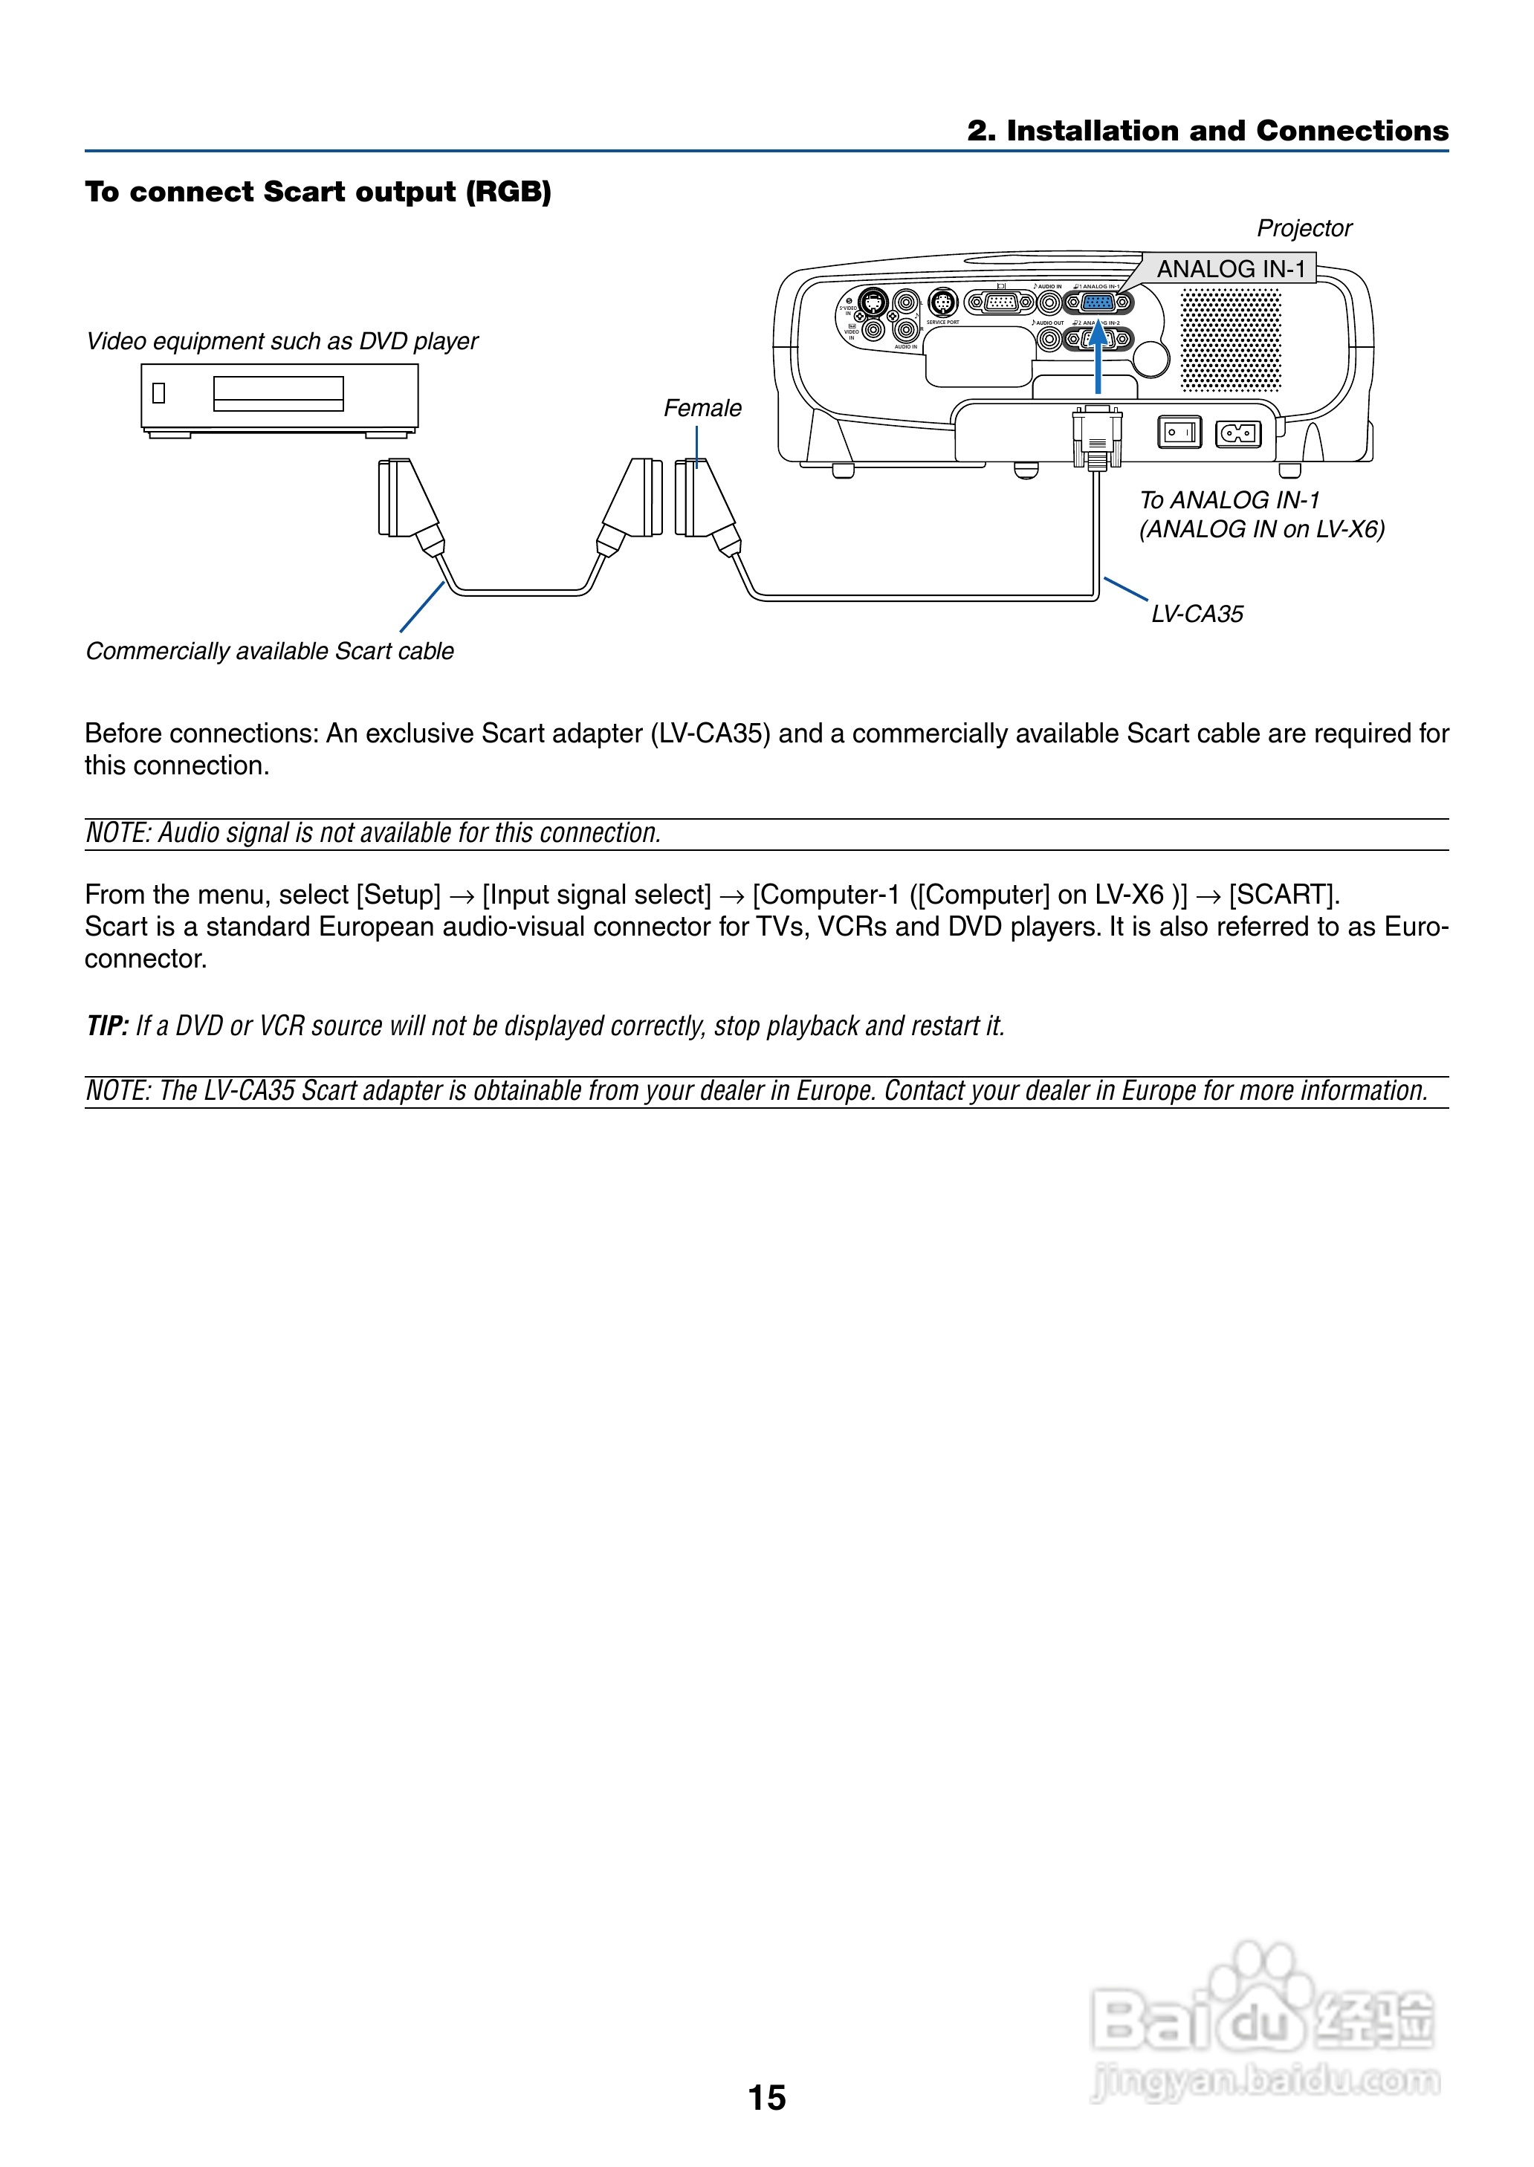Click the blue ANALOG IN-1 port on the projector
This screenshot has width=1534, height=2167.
click(1098, 303)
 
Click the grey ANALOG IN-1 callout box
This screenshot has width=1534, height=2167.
click(1230, 269)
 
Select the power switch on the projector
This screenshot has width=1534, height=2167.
click(1179, 433)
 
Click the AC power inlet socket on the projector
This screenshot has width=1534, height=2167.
click(1237, 433)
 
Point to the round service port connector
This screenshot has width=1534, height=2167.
click(942, 303)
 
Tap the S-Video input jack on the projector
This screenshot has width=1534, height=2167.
click(873, 302)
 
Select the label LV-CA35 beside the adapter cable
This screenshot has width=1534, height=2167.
click(1197, 614)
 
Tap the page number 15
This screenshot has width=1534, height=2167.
click(766, 2097)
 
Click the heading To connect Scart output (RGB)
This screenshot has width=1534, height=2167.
click(317, 192)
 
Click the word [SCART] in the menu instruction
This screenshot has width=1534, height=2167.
click(1284, 894)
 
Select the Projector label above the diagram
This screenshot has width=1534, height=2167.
click(1304, 228)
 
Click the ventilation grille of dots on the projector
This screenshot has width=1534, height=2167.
click(1231, 340)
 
